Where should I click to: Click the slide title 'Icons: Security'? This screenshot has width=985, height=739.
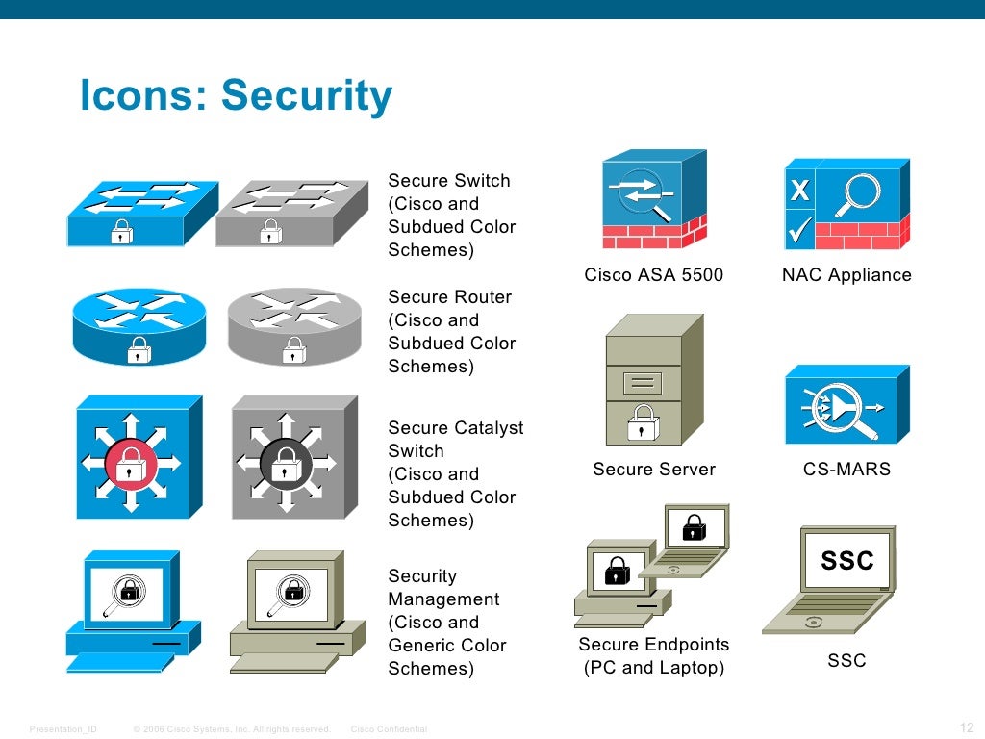click(x=236, y=96)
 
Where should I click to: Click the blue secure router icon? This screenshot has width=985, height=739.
click(x=139, y=327)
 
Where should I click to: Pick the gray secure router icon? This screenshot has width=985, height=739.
click(x=293, y=327)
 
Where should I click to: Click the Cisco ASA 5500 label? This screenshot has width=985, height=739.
click(x=653, y=275)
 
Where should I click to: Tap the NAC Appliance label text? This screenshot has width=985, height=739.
click(x=846, y=275)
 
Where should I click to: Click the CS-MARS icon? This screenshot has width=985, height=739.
click(x=846, y=404)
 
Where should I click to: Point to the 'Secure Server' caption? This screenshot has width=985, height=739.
click(x=653, y=470)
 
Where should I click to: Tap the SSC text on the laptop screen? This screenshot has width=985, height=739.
click(x=846, y=560)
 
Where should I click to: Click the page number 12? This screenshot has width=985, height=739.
click(x=967, y=727)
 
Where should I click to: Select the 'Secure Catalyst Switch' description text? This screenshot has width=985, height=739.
click(x=455, y=473)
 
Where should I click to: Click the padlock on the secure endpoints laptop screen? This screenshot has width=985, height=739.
click(x=693, y=527)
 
